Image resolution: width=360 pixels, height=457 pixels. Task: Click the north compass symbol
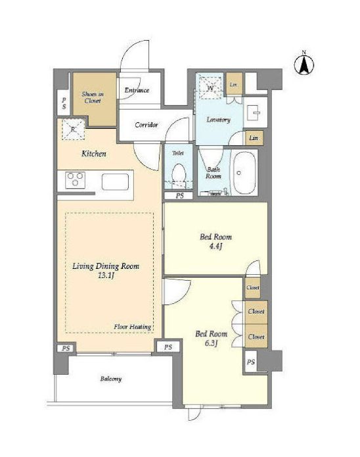click(304, 64)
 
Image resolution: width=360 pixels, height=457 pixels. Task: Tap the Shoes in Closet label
click(93, 97)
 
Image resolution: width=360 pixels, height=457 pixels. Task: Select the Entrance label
click(137, 90)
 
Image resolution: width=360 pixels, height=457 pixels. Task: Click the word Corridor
click(146, 125)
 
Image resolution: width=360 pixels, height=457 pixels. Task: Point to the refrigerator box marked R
click(73, 130)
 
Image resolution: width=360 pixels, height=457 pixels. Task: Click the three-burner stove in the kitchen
click(76, 180)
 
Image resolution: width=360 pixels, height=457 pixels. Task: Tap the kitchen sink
click(115, 182)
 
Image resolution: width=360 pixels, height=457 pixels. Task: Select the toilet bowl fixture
click(179, 174)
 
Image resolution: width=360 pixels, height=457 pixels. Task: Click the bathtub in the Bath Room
click(244, 173)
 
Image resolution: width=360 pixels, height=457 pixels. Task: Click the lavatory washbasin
click(256, 112)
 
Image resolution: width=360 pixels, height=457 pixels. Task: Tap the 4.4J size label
click(215, 247)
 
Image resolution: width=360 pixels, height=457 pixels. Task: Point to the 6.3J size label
click(211, 343)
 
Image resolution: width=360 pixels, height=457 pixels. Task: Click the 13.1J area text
click(106, 276)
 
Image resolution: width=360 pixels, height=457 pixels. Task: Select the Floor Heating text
click(133, 327)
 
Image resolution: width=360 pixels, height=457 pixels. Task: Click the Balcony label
click(110, 379)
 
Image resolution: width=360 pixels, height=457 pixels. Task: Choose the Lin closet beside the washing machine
click(234, 84)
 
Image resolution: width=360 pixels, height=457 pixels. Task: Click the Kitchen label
click(93, 154)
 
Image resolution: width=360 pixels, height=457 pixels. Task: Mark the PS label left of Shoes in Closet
click(64, 103)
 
